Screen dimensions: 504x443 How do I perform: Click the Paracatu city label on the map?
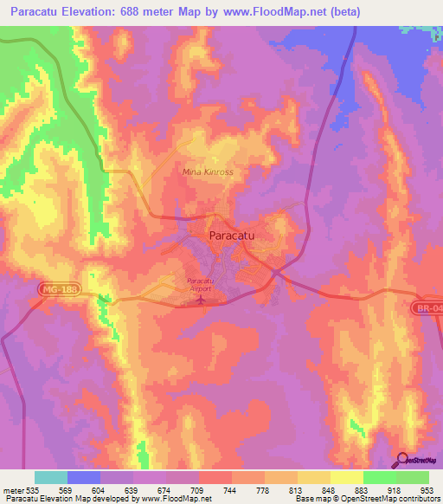[x=235, y=235]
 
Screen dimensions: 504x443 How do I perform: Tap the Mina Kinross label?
[x=208, y=171]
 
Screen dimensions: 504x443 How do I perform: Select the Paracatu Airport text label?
[x=201, y=285]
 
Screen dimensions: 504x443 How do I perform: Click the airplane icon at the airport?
[x=202, y=300]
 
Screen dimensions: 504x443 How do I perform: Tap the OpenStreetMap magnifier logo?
[x=404, y=460]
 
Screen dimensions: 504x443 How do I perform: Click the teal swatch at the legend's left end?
[x=51, y=477]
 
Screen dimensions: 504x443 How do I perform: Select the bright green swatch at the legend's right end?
[x=412, y=477]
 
